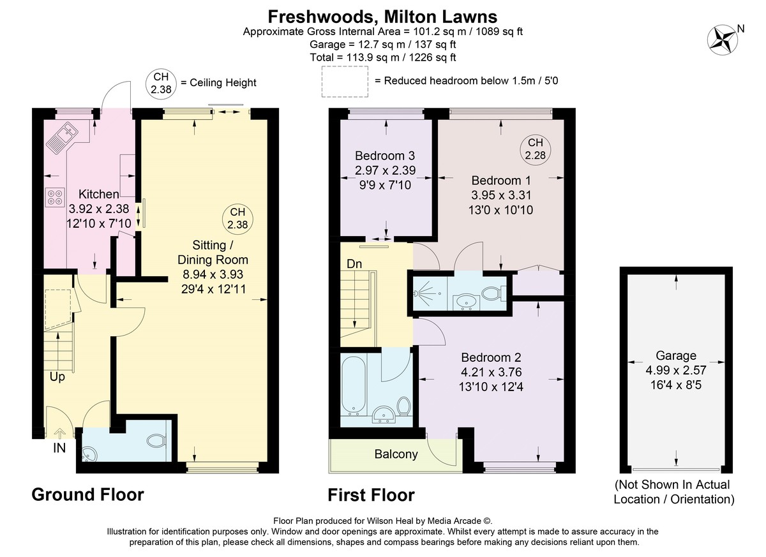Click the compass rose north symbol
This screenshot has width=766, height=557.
pos(723,40)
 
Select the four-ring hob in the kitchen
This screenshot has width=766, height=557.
pos(55,197)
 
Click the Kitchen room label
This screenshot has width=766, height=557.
pos(99,194)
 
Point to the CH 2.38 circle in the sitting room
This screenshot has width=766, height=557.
pos(237,219)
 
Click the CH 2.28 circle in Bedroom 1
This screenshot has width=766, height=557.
pos(535,149)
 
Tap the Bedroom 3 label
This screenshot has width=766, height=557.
pos(385,156)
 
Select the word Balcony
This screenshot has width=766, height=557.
pos(396,454)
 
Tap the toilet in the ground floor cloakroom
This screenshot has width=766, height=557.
pos(156,440)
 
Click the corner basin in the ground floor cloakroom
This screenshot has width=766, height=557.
pos(89,454)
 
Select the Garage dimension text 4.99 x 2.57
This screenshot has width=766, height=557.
pos(676,370)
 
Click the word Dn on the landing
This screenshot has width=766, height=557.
pos(354,264)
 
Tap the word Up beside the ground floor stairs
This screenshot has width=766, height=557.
pos(57,377)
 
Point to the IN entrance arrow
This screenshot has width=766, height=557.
pos(60,433)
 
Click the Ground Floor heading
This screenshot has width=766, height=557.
pos(88,495)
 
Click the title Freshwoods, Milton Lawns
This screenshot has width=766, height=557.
pos(382,17)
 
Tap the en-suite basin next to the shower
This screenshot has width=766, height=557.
pos(464,302)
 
